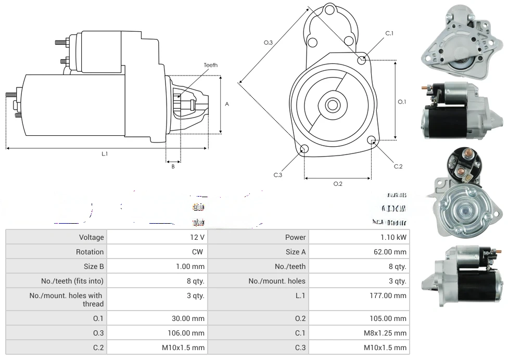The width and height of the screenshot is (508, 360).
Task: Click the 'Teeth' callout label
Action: click(x=211, y=65)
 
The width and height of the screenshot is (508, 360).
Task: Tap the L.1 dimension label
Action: click(x=105, y=153)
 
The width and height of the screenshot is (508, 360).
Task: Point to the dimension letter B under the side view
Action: click(x=173, y=166)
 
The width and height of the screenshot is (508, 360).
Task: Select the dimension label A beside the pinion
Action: click(x=227, y=104)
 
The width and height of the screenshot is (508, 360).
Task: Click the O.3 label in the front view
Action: click(x=269, y=43)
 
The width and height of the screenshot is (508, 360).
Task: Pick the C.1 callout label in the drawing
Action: click(x=389, y=33)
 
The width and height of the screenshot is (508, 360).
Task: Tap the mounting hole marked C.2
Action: click(x=372, y=140)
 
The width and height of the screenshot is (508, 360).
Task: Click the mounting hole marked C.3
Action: click(x=304, y=150)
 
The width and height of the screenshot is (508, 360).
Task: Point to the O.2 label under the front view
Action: click(x=338, y=183)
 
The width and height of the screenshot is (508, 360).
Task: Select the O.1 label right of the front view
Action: click(x=402, y=102)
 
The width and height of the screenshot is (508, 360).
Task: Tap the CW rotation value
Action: click(x=199, y=252)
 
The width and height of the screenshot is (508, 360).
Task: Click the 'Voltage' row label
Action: click(x=92, y=237)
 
